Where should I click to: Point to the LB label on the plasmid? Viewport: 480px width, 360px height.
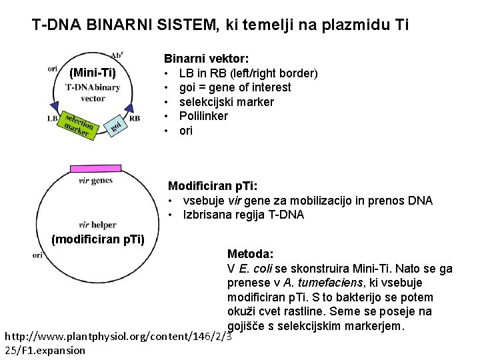(53, 119)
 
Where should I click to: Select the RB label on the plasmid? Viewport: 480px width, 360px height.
(135, 119)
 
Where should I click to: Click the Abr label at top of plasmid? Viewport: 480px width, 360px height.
(117, 55)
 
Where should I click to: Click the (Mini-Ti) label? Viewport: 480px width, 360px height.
(92, 72)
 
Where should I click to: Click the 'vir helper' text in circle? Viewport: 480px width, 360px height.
(97, 225)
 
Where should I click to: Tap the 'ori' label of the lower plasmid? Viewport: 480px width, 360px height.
(38, 255)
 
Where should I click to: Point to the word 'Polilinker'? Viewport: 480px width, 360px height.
(203, 116)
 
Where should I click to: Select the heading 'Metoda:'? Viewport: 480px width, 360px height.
(250, 254)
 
